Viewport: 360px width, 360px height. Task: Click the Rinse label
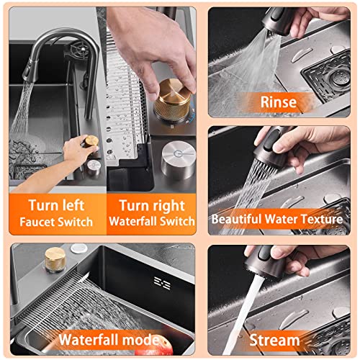279,102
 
